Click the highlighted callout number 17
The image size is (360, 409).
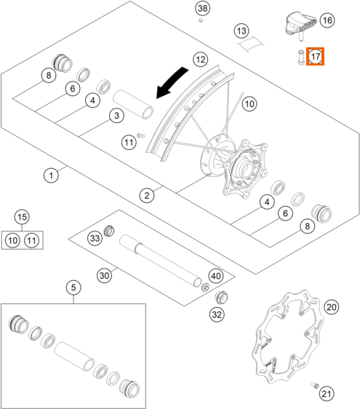coord(315,56)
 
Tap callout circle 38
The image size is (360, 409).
coord(203,8)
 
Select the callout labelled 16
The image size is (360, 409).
coord(327,20)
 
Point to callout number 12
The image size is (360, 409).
coord(201,60)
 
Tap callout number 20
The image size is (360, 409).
coord(332,307)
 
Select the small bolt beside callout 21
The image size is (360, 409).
coord(315,385)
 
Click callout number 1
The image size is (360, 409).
coord(51,175)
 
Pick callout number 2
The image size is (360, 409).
coord(147,195)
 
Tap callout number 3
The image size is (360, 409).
coord(116,116)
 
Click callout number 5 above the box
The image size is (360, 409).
coord(73,287)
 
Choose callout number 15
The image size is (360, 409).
coord(22,217)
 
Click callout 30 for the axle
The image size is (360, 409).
coord(104,275)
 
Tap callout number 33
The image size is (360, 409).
coord(95,238)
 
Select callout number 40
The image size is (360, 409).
coord(216,276)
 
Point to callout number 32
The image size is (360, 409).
coord(217,314)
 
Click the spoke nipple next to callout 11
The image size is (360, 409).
coord(141,135)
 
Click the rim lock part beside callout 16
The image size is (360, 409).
coord(300,25)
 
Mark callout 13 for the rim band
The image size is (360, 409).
coord(241,31)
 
